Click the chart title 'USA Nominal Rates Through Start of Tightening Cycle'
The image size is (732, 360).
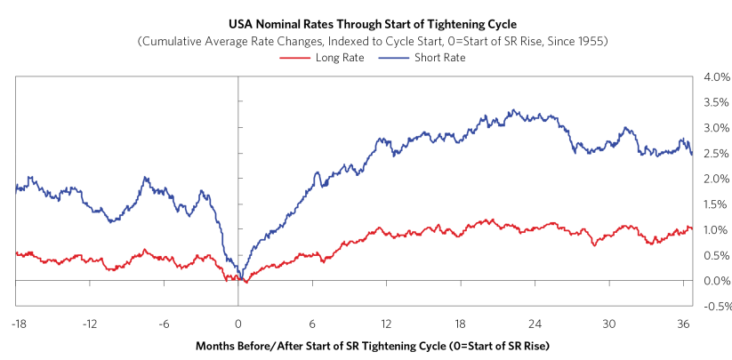(x=373, y=24)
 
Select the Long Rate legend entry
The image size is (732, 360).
(x=322, y=59)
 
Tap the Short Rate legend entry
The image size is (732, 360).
(x=423, y=59)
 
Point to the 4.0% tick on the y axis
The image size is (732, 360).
(x=717, y=76)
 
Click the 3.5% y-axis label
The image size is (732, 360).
(x=717, y=102)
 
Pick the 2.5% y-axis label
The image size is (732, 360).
(x=717, y=154)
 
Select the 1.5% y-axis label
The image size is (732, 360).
(x=717, y=204)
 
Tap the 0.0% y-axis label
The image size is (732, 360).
(x=717, y=281)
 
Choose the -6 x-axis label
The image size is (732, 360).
(x=164, y=324)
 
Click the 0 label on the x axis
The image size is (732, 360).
(x=238, y=324)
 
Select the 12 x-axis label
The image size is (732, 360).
(x=386, y=324)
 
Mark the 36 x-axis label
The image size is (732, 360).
(x=683, y=324)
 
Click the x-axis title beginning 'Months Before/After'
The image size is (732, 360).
(x=373, y=347)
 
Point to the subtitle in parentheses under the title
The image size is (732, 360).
(x=373, y=42)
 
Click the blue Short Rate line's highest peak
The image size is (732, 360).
(x=513, y=110)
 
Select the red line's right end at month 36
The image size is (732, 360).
(x=691, y=228)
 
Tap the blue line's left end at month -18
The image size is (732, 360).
(x=16, y=188)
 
